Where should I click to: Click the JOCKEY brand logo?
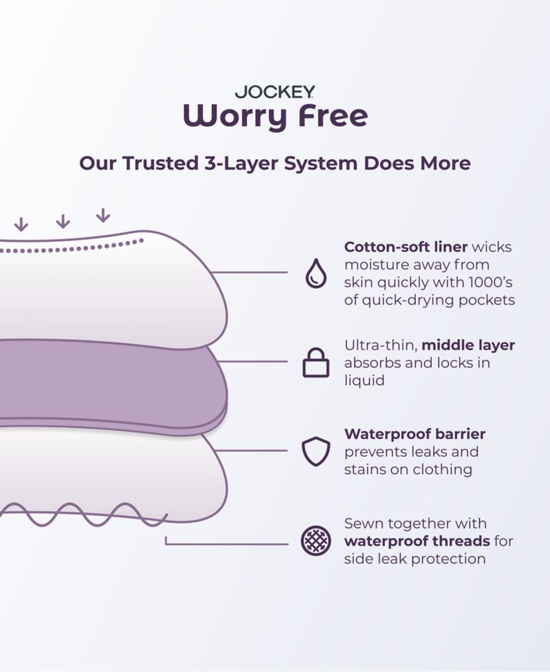pos(274,92)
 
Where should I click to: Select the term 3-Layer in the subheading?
pos(241,163)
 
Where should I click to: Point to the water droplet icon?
pos(316,273)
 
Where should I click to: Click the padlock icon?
pos(316,363)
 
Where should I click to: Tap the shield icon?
pos(316,452)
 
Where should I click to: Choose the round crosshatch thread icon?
pos(316,541)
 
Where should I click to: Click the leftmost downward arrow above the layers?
pos(21,224)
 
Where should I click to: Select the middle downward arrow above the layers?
pos(62,221)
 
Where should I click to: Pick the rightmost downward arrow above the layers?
pos(102,215)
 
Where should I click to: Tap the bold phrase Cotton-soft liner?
pos(405,247)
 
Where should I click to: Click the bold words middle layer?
pos(468,345)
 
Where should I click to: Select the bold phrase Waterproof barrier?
pos(414,434)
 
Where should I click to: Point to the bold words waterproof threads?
pos(416,541)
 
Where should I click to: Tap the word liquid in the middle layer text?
pos(365,380)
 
